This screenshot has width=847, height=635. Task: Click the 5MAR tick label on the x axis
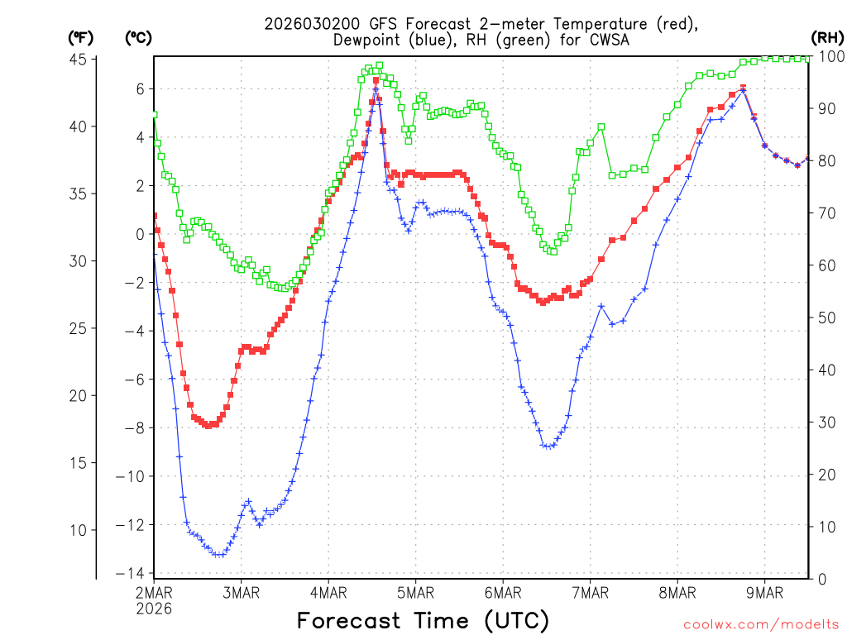tap(415, 592)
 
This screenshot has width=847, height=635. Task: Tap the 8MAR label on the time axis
tap(677, 592)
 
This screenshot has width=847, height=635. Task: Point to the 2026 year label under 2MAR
tap(155, 608)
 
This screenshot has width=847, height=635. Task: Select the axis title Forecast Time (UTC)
tap(423, 620)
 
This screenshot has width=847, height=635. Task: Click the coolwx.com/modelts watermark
tap(760, 624)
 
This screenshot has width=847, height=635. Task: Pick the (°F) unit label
tap(80, 37)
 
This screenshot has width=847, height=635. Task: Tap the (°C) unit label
tap(138, 37)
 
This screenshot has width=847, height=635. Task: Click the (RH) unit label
tap(827, 37)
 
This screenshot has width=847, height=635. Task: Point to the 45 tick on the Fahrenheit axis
tap(79, 59)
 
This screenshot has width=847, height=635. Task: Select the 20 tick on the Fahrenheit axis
tap(79, 395)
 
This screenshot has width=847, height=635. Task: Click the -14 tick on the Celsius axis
tap(132, 574)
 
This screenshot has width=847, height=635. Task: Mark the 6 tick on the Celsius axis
tap(141, 88)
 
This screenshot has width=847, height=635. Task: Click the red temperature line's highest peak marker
tap(376, 80)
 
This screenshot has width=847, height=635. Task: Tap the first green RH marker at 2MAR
tap(154, 115)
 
